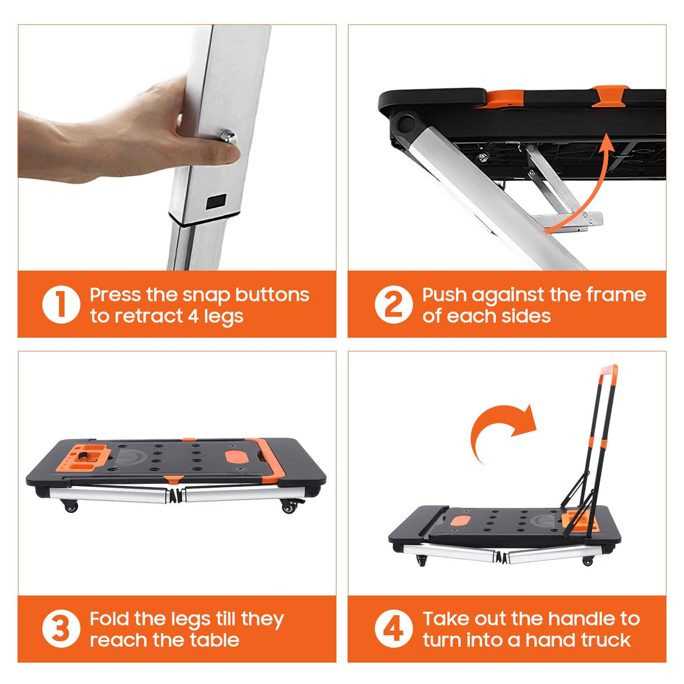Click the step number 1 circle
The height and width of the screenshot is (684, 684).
(61, 304)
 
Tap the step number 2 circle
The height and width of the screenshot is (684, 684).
(394, 304)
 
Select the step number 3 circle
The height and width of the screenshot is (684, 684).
(61, 629)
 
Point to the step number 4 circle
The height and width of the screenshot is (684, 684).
(394, 629)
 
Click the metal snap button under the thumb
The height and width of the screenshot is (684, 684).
(228, 137)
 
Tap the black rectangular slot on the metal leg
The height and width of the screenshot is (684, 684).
(217, 202)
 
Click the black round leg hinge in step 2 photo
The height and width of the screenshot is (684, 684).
(406, 123)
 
